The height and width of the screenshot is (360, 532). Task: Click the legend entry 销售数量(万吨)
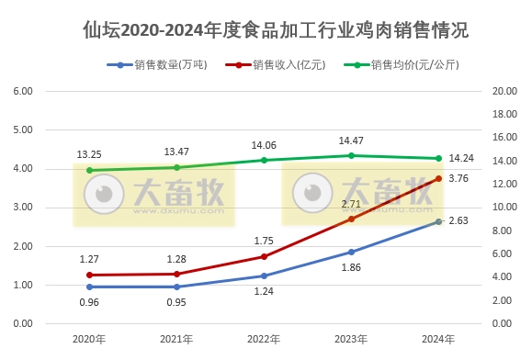tap(165, 66)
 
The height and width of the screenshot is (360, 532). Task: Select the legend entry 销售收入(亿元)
tap(284, 66)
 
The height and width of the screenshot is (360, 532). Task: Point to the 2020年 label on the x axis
tap(89, 340)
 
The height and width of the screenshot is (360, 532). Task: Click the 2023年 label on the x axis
tap(351, 340)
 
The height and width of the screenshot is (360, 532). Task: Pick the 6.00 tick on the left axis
tap(22, 92)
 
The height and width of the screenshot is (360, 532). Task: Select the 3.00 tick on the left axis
tap(22, 208)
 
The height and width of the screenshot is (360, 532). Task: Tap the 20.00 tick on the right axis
tap(504, 92)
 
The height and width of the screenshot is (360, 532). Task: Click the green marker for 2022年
tap(264, 160)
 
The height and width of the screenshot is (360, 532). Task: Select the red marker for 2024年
tap(438, 178)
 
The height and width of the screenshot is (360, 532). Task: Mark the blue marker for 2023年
tap(351, 252)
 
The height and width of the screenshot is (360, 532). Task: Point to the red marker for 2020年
tap(89, 275)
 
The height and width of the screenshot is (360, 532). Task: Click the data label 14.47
tap(350, 141)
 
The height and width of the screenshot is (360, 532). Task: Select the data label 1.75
tap(265, 241)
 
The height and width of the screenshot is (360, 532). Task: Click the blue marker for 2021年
tap(176, 287)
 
